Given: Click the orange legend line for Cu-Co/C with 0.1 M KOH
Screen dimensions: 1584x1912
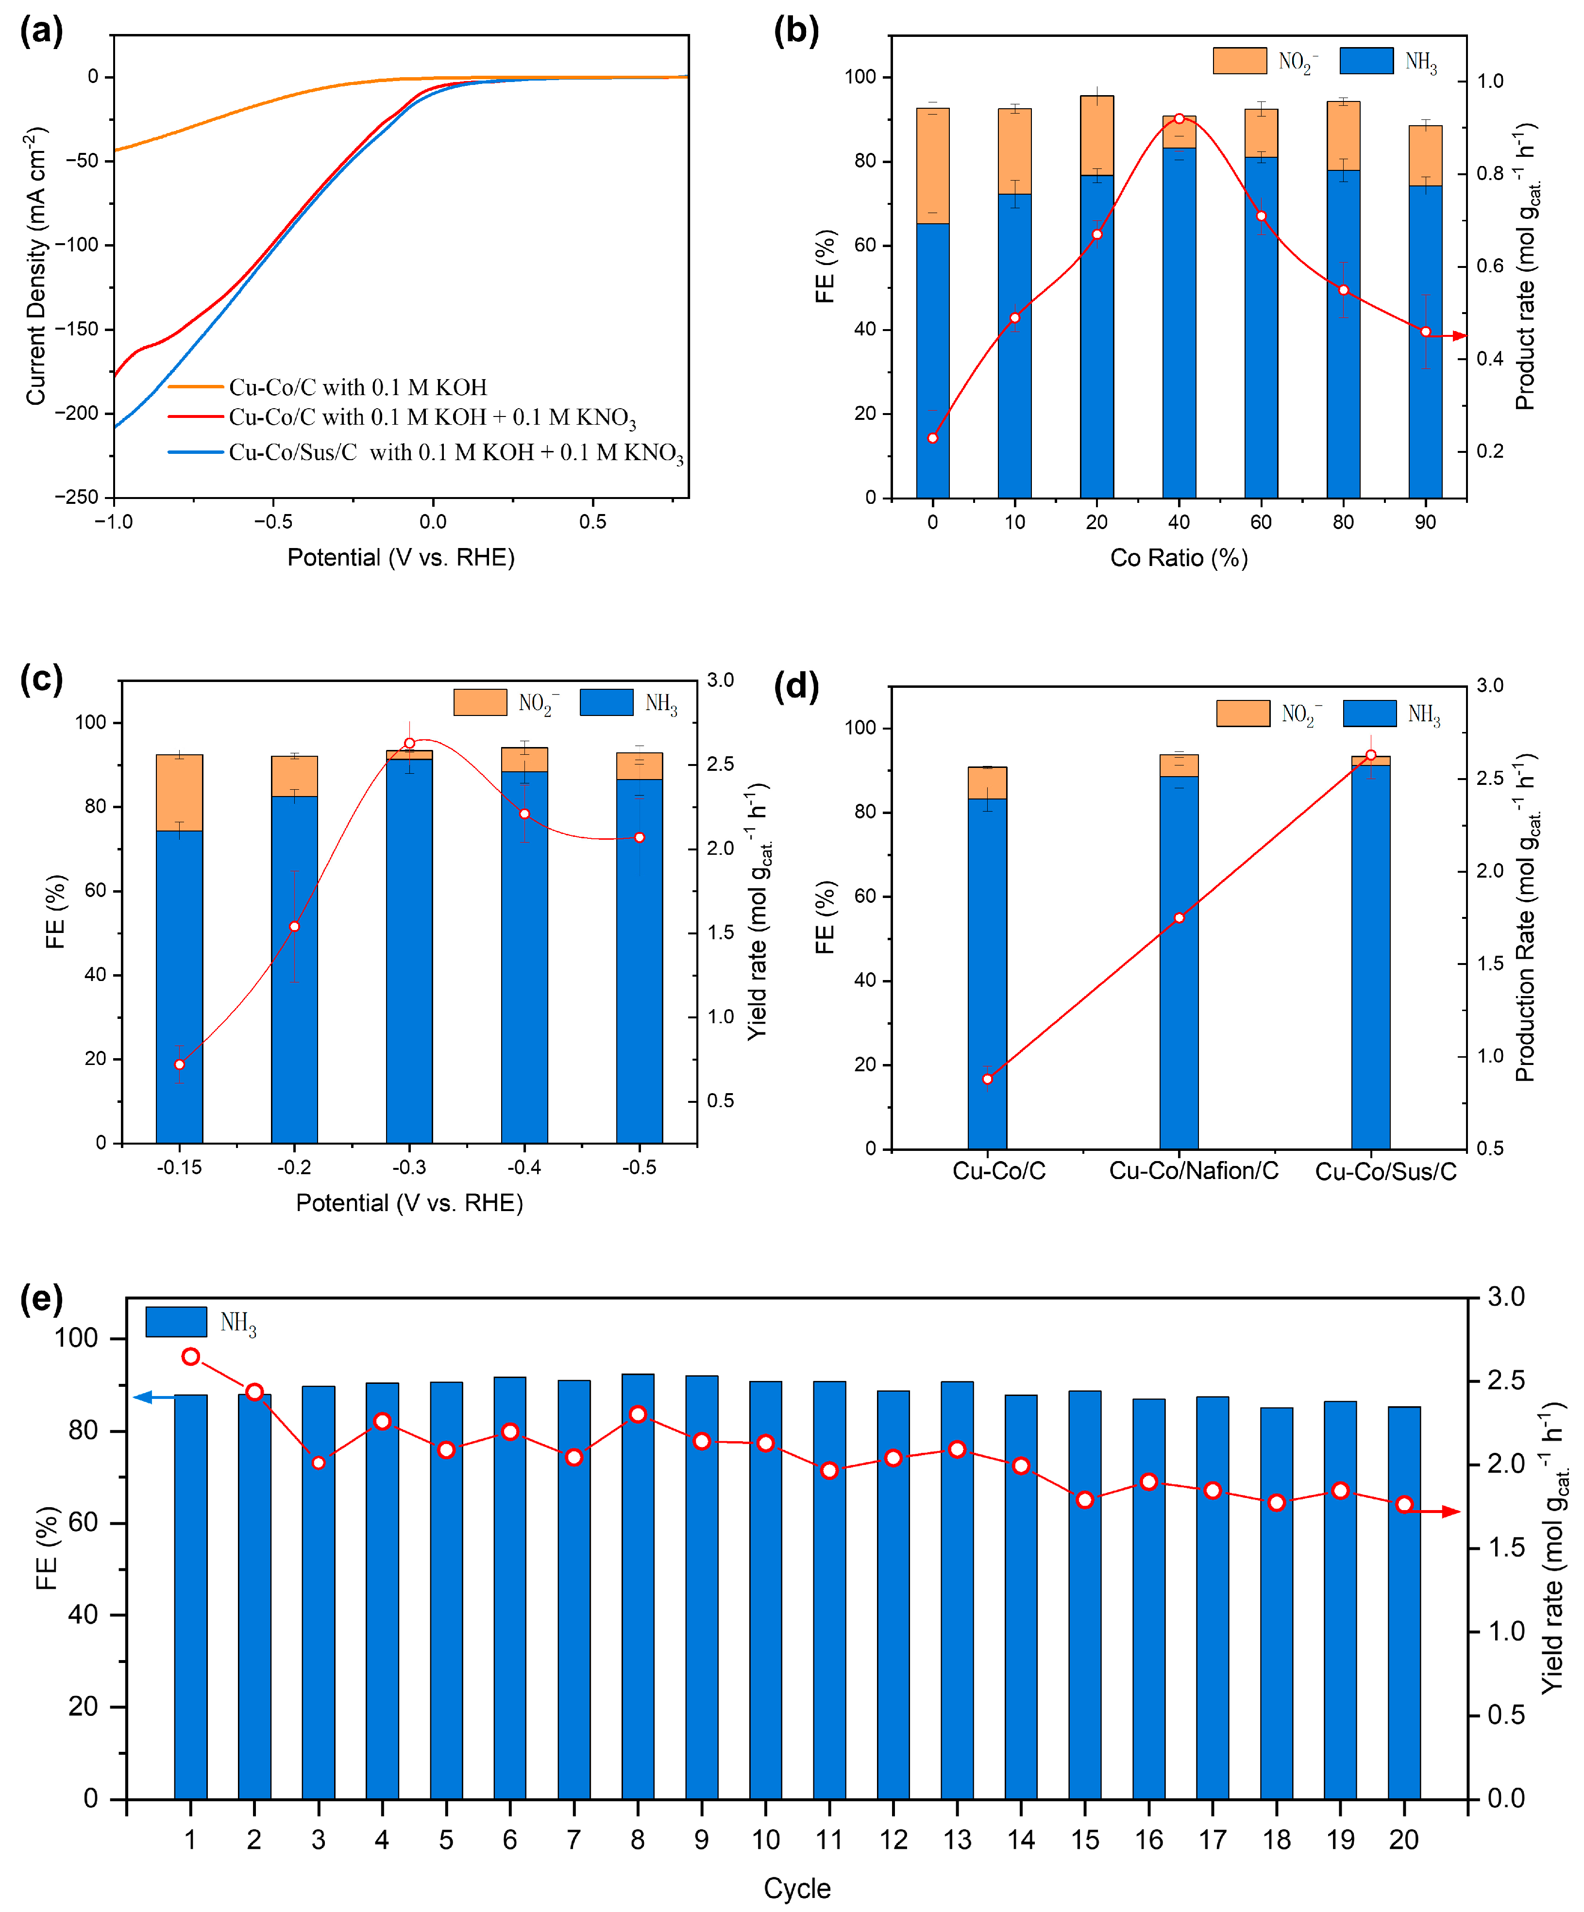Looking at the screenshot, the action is [x=196, y=387].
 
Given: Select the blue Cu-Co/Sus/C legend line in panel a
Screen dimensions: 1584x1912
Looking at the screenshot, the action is [x=196, y=451].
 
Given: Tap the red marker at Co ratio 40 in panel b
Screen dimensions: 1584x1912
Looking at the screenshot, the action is [x=1179, y=118].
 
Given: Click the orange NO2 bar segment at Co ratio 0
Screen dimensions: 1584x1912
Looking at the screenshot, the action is [x=933, y=166].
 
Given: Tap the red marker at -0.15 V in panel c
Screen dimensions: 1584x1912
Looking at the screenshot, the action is [x=180, y=1064].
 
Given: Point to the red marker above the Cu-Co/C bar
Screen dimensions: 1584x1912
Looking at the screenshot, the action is [x=987, y=1079].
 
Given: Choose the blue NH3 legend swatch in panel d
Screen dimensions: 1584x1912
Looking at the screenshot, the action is [x=1369, y=713].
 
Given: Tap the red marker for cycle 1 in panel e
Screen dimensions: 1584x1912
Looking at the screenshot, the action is [x=190, y=1357].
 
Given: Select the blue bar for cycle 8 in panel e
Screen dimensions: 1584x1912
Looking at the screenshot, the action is [x=638, y=1586].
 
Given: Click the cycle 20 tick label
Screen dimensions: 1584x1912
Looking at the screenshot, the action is [x=1404, y=1840].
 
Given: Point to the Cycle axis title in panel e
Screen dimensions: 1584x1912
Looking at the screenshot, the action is [x=797, y=1888].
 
